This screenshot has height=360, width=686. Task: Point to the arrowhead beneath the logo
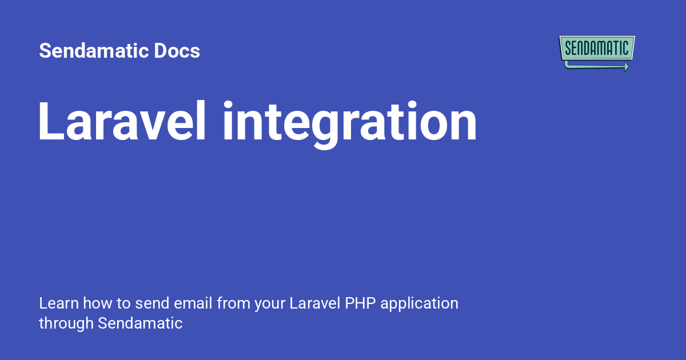(626, 67)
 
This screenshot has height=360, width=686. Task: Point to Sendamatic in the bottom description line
(140, 323)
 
